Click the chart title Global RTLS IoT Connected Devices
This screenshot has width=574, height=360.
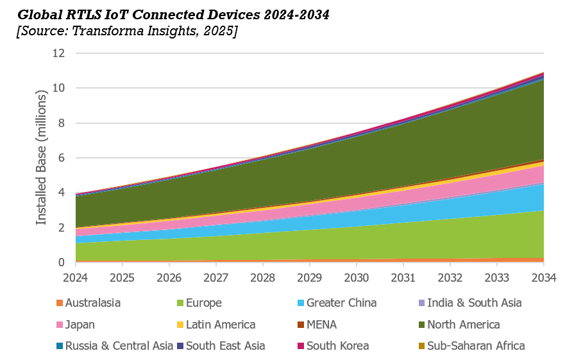(173, 15)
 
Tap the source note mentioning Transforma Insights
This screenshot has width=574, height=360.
(127, 31)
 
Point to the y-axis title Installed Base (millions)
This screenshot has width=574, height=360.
(42, 157)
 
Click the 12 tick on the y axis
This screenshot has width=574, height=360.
(58, 53)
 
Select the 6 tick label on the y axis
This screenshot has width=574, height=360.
(62, 158)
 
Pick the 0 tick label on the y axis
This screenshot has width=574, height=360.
(62, 262)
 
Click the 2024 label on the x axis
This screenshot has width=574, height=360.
(75, 277)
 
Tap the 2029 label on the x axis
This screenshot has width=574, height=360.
(310, 277)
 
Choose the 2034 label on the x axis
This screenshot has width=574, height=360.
(543, 277)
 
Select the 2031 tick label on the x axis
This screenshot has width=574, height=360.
(403, 277)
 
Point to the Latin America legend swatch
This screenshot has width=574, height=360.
(181, 325)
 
